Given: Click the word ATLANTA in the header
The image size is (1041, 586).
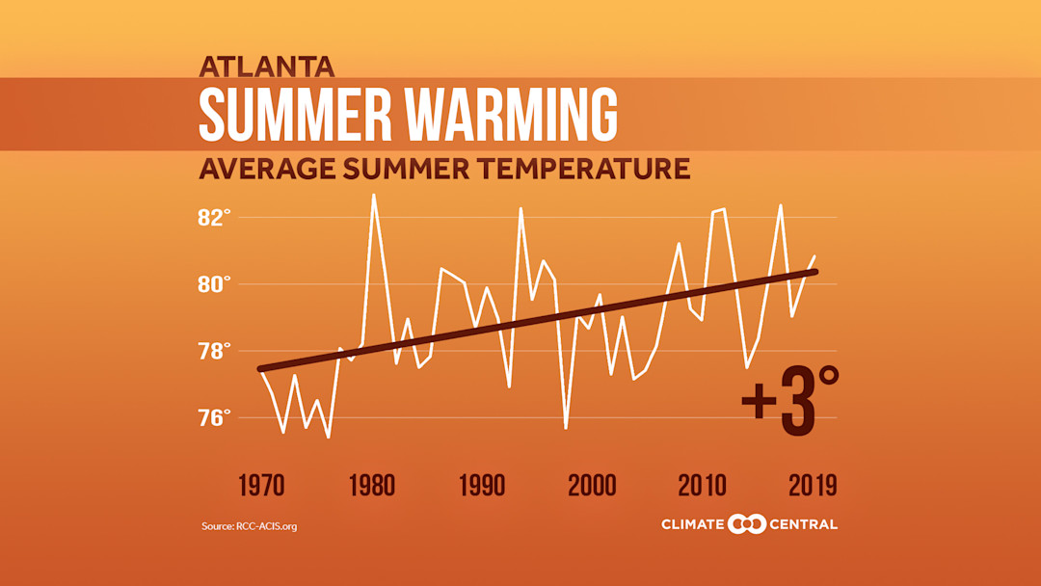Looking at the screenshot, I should tap(267, 67).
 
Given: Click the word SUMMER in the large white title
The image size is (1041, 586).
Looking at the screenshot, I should tap(295, 115).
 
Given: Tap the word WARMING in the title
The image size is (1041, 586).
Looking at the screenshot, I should tap(511, 115).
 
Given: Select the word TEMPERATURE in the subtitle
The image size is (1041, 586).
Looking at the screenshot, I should tap(584, 170).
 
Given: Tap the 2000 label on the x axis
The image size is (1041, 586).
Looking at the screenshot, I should tap(591, 485).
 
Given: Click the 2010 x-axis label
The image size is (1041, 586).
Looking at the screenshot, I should tap(701, 485).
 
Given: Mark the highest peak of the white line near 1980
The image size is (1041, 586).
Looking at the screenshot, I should tap(374, 195).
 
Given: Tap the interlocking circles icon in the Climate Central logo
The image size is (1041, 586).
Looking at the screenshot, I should tap(747, 524).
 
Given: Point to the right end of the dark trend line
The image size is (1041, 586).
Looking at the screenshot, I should tap(815, 272).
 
